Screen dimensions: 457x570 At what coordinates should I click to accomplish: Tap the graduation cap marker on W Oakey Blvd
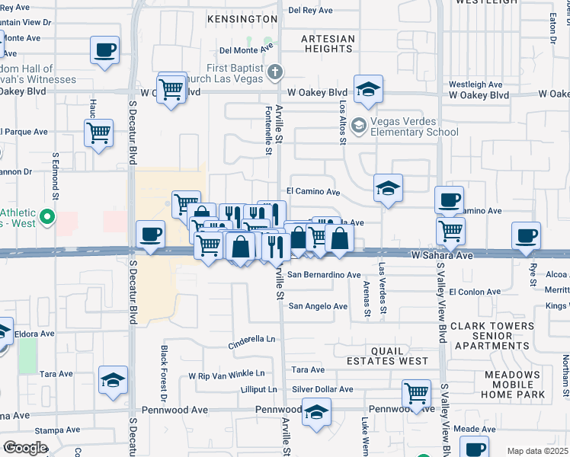click(368, 90)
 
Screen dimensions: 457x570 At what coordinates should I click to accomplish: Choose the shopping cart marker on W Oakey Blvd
click(172, 91)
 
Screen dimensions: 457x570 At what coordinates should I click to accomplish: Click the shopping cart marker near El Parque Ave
click(99, 134)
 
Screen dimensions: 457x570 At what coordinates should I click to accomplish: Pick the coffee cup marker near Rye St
click(526, 237)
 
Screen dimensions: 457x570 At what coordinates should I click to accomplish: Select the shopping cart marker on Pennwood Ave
click(416, 394)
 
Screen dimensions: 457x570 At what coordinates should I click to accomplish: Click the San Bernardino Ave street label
click(324, 274)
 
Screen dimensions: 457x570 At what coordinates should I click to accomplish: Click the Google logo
click(25, 447)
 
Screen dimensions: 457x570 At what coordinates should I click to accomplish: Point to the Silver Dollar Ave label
click(322, 389)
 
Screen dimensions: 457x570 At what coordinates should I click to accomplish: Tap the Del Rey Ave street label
click(312, 11)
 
